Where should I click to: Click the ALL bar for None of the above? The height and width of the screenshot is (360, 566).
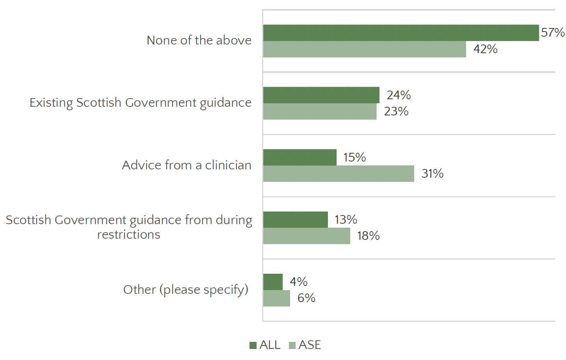(x=401, y=33)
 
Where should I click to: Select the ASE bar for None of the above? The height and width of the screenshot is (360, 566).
(x=365, y=49)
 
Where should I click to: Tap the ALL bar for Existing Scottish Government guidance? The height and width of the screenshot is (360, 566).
(x=321, y=95)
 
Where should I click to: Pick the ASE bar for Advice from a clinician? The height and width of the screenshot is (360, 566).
(x=339, y=174)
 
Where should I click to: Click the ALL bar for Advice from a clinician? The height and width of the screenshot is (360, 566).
(x=300, y=157)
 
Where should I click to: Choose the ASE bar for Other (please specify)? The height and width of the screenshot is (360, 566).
(x=277, y=298)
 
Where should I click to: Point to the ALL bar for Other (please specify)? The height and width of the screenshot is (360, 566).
(x=273, y=282)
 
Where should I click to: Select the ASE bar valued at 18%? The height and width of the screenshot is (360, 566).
(x=307, y=236)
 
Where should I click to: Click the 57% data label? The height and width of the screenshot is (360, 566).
(x=553, y=32)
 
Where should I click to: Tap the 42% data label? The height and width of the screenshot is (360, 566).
(x=485, y=49)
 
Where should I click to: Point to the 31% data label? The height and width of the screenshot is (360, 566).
(x=432, y=174)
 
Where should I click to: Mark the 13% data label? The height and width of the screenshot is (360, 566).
(x=346, y=219)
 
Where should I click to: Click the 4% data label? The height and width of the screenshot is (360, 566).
(x=298, y=282)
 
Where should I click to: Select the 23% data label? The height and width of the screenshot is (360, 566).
(x=396, y=111)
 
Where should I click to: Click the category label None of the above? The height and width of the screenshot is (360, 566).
(x=199, y=40)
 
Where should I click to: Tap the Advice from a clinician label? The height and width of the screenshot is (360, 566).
(x=186, y=165)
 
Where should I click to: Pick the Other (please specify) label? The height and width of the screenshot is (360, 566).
(x=186, y=289)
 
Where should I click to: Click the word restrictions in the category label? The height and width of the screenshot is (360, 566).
(x=128, y=234)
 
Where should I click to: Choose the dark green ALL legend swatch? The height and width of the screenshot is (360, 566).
(x=253, y=345)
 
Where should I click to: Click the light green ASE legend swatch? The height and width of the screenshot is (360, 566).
(x=292, y=345)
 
